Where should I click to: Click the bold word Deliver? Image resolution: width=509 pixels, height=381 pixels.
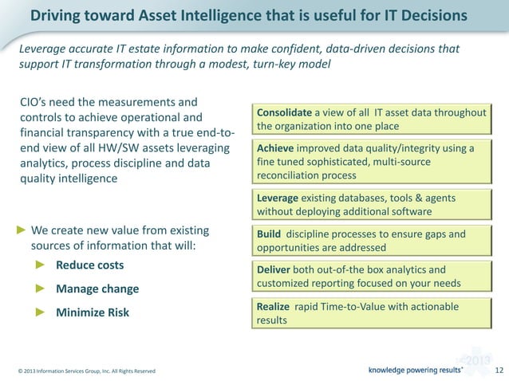(274, 269)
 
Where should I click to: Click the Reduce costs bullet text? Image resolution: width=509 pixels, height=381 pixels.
(89, 265)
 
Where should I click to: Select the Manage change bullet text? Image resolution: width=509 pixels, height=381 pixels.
(97, 289)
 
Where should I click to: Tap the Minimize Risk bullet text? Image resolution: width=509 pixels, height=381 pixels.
(92, 312)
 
